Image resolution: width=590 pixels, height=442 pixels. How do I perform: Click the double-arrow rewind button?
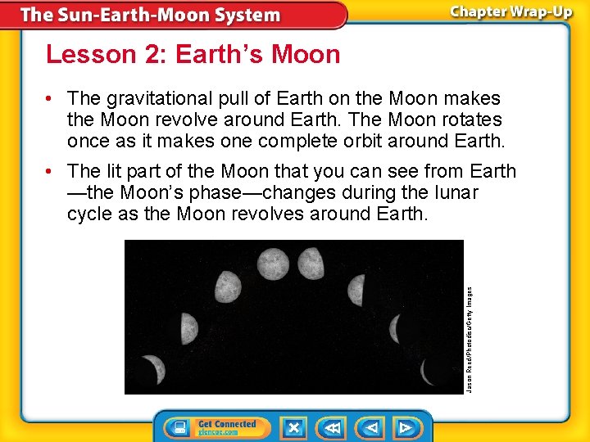[333, 428]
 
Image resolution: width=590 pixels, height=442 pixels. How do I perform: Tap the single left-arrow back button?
[371, 428]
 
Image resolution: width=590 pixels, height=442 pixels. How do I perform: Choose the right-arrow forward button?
[405, 428]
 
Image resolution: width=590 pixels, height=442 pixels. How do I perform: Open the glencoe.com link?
[218, 432]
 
